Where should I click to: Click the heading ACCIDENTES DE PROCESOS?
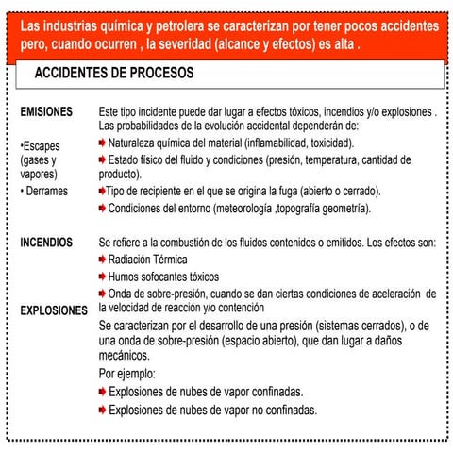[x=113, y=73]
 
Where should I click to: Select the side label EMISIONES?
[x=46, y=112]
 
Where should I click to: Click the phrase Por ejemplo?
[x=128, y=374]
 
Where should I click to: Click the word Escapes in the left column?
[x=41, y=147]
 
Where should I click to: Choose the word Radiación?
[x=131, y=259]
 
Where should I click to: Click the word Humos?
[x=125, y=277]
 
